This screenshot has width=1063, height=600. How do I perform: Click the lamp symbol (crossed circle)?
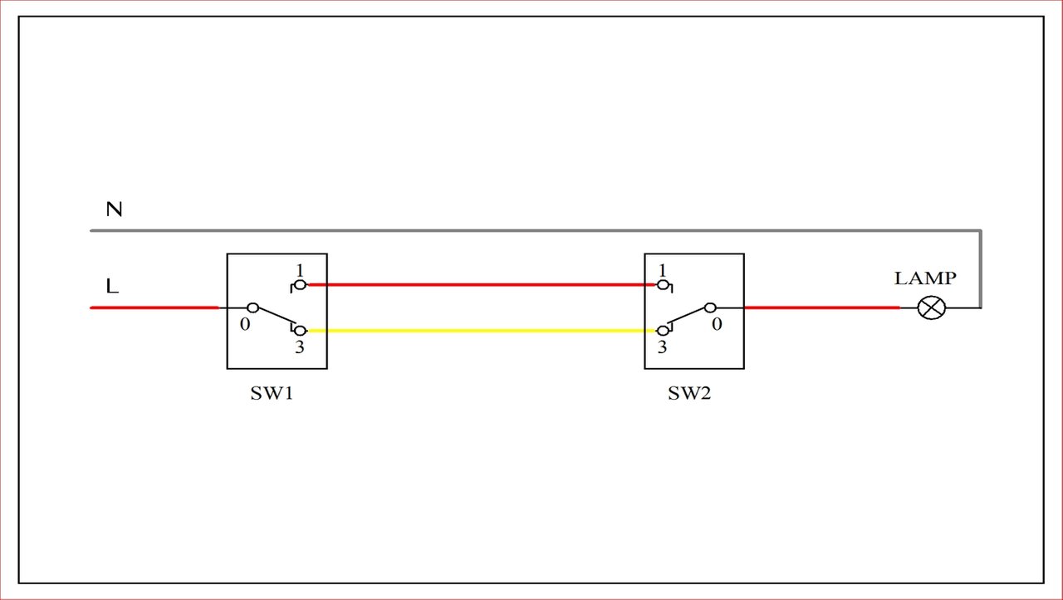coord(932,307)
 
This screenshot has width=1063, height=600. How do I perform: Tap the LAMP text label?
coord(925,278)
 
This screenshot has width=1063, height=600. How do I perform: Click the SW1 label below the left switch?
coord(272,393)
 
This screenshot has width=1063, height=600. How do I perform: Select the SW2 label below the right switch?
coord(689,393)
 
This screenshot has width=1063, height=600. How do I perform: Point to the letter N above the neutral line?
coord(114,209)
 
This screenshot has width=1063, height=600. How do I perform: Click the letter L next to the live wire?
coord(112,286)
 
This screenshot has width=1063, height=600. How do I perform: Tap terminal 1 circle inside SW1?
coord(300,285)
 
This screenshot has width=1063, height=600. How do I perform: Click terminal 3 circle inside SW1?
coord(300,331)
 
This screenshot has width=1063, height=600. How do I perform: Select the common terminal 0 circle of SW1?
coord(253,307)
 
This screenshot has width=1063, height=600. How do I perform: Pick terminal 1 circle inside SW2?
coord(663,285)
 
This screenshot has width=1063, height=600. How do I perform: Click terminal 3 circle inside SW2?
coord(663,331)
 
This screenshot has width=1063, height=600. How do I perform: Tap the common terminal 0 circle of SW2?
coord(710,307)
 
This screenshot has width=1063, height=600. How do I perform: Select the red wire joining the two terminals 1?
coord(482,285)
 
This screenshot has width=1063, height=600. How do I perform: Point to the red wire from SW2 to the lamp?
coord(821,307)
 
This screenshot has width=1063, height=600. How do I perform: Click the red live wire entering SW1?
coord(154,307)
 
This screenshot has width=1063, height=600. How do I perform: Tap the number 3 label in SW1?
coord(300,347)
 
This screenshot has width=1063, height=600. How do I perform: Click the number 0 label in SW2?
coord(717,324)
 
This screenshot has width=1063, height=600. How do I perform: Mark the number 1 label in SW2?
coord(663,271)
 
